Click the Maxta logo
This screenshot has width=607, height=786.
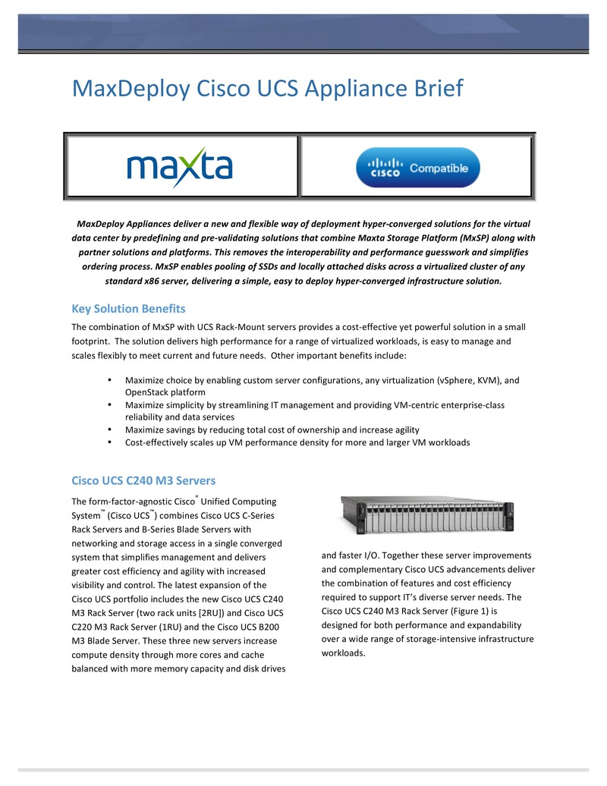(x=179, y=167)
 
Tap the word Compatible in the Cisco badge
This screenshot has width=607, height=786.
(x=439, y=168)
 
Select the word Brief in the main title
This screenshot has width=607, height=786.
(x=429, y=88)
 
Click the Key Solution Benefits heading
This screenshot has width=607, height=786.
(x=128, y=309)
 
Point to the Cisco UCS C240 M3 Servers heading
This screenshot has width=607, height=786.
(x=143, y=480)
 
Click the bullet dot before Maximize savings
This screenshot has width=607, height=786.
(x=111, y=429)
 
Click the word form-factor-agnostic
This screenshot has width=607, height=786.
(x=123, y=502)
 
